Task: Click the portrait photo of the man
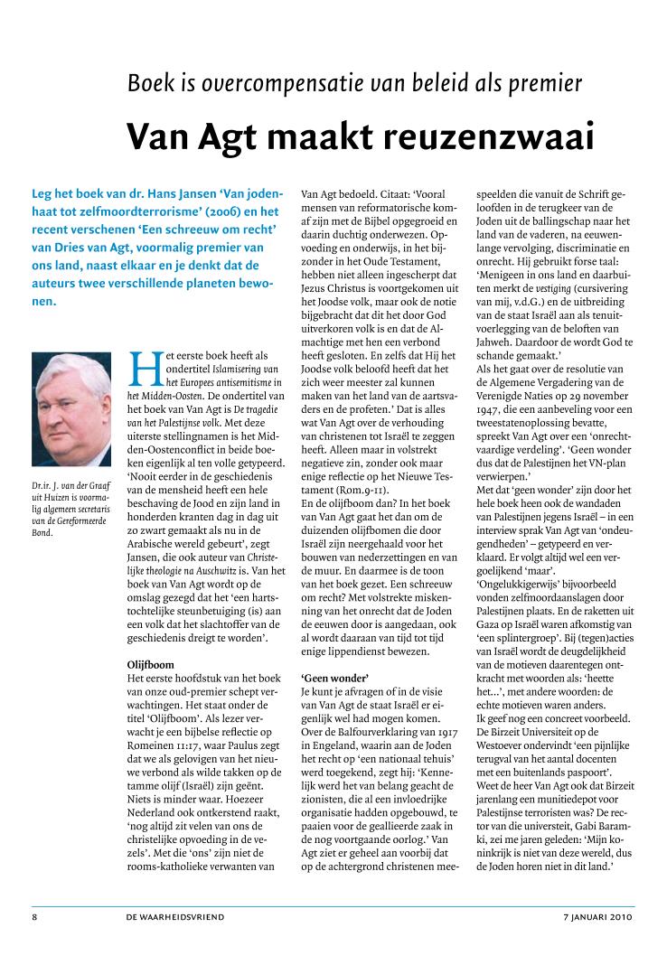pyautogui.click(x=71, y=415)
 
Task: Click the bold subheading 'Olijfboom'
pyautogui.click(x=153, y=640)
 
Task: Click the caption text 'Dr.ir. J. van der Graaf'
pyautogui.click(x=70, y=488)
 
